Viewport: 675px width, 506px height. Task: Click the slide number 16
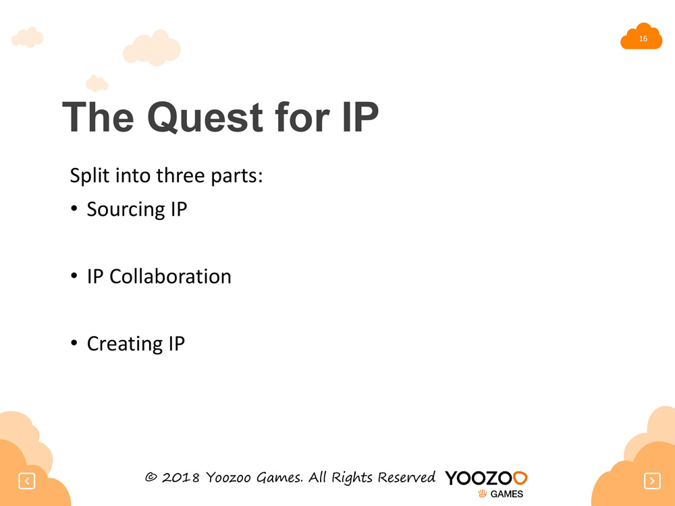[x=643, y=38]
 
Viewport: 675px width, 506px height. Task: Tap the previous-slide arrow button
[x=27, y=480]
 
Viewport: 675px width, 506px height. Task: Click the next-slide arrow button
[x=652, y=480]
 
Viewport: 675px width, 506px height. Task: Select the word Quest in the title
[x=205, y=117]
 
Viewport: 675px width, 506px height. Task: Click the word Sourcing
[x=126, y=210]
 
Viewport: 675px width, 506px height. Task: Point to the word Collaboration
[x=171, y=276]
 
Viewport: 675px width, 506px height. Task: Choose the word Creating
[x=125, y=344]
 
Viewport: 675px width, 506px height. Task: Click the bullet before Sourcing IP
[x=74, y=208]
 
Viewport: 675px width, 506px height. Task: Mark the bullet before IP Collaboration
[x=74, y=276]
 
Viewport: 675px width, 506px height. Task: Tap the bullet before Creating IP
[x=74, y=343]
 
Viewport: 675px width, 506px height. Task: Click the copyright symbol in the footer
[x=151, y=477]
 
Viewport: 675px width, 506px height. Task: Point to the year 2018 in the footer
[x=181, y=478]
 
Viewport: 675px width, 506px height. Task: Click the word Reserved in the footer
[x=406, y=477]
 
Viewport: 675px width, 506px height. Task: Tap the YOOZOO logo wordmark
[x=486, y=478]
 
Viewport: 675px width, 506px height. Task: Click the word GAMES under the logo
[x=507, y=494]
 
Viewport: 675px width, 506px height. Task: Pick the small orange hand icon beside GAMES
[x=482, y=494]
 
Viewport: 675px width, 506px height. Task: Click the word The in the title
[x=98, y=117]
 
